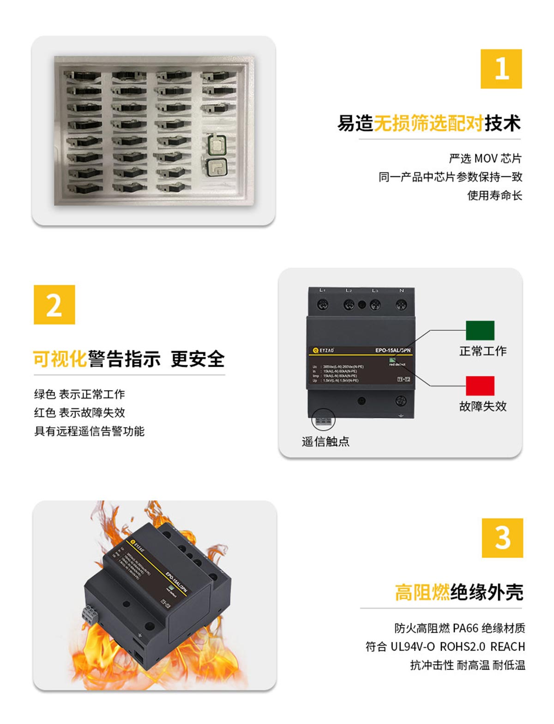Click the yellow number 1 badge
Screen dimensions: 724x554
(501, 69)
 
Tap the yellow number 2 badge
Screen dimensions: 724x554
(54, 305)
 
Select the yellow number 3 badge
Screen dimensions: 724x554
(502, 538)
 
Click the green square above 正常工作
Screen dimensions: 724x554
(480, 331)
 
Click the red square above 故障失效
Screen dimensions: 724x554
(480, 386)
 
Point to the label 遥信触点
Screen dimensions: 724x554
(325, 442)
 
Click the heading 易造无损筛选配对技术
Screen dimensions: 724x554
(429, 123)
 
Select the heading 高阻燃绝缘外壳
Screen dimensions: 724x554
(459, 592)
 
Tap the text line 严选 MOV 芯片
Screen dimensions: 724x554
(485, 158)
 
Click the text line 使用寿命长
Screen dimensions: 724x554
(494, 195)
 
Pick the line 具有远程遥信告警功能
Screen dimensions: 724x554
(89, 431)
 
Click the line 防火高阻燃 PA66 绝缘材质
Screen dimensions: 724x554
(459, 628)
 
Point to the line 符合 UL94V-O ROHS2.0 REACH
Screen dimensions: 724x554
(445, 646)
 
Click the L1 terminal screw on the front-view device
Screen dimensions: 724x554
(322, 304)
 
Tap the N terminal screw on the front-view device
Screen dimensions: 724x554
(401, 304)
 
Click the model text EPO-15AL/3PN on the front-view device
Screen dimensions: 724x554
(392, 350)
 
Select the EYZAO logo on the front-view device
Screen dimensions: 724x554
(323, 350)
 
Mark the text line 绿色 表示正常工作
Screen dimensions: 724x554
(79, 394)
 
